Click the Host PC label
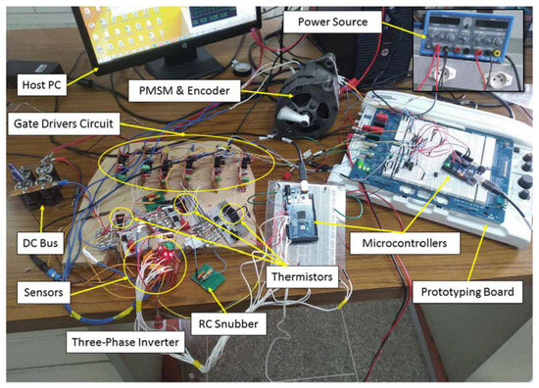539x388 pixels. pos(41,85)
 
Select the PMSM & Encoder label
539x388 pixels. pos(184,91)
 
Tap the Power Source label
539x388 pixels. pos(332,22)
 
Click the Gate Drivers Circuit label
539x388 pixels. pos(64,123)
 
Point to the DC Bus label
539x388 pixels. pos(40,243)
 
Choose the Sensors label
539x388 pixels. pos(44,292)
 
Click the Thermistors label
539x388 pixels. pos(302,276)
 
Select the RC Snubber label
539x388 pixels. pos(228,323)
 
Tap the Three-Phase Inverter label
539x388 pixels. pos(125,342)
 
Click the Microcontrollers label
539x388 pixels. pos(405,243)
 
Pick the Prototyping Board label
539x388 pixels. pos(467,292)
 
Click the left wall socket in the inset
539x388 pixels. pos(443,73)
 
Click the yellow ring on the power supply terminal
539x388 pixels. pos(496,53)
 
